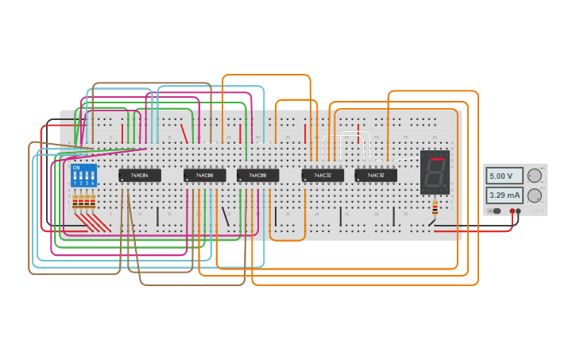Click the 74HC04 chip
tap(140, 175)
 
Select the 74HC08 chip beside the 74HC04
tap(204, 175)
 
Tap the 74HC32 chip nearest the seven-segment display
tap(376, 175)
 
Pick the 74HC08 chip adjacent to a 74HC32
tap(257, 175)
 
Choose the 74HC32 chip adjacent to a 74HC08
tap(323, 175)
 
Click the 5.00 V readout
tap(504, 176)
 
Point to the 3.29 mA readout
tap(504, 195)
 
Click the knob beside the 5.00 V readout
tap(535, 176)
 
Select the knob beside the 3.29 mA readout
tap(535, 195)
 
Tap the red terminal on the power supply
tap(512, 211)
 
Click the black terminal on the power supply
tap(519, 211)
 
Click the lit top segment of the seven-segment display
tap(436, 159)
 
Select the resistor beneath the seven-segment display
tap(435, 207)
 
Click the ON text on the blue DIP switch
tap(76, 168)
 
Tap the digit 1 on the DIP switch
tap(75, 184)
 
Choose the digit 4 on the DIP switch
tap(92, 184)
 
